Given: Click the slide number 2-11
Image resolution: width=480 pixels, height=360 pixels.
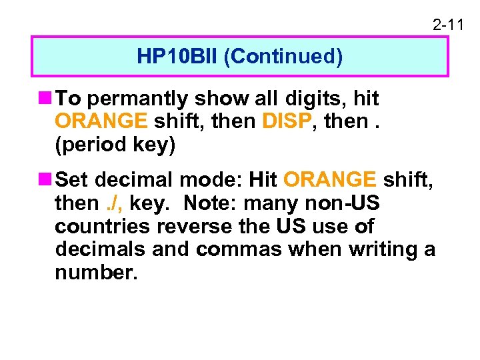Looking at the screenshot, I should point(447,26).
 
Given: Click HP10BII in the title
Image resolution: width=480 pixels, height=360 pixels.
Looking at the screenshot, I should point(178,57).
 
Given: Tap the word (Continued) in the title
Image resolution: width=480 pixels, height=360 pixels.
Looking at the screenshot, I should point(283,57).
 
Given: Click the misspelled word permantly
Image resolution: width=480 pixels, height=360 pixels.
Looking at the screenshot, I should point(138,99).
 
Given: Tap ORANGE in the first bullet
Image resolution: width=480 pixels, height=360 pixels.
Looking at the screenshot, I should point(101,122).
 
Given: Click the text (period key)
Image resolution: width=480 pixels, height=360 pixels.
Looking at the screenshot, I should point(115,145).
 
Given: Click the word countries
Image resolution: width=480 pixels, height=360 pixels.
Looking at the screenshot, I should point(103,226).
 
